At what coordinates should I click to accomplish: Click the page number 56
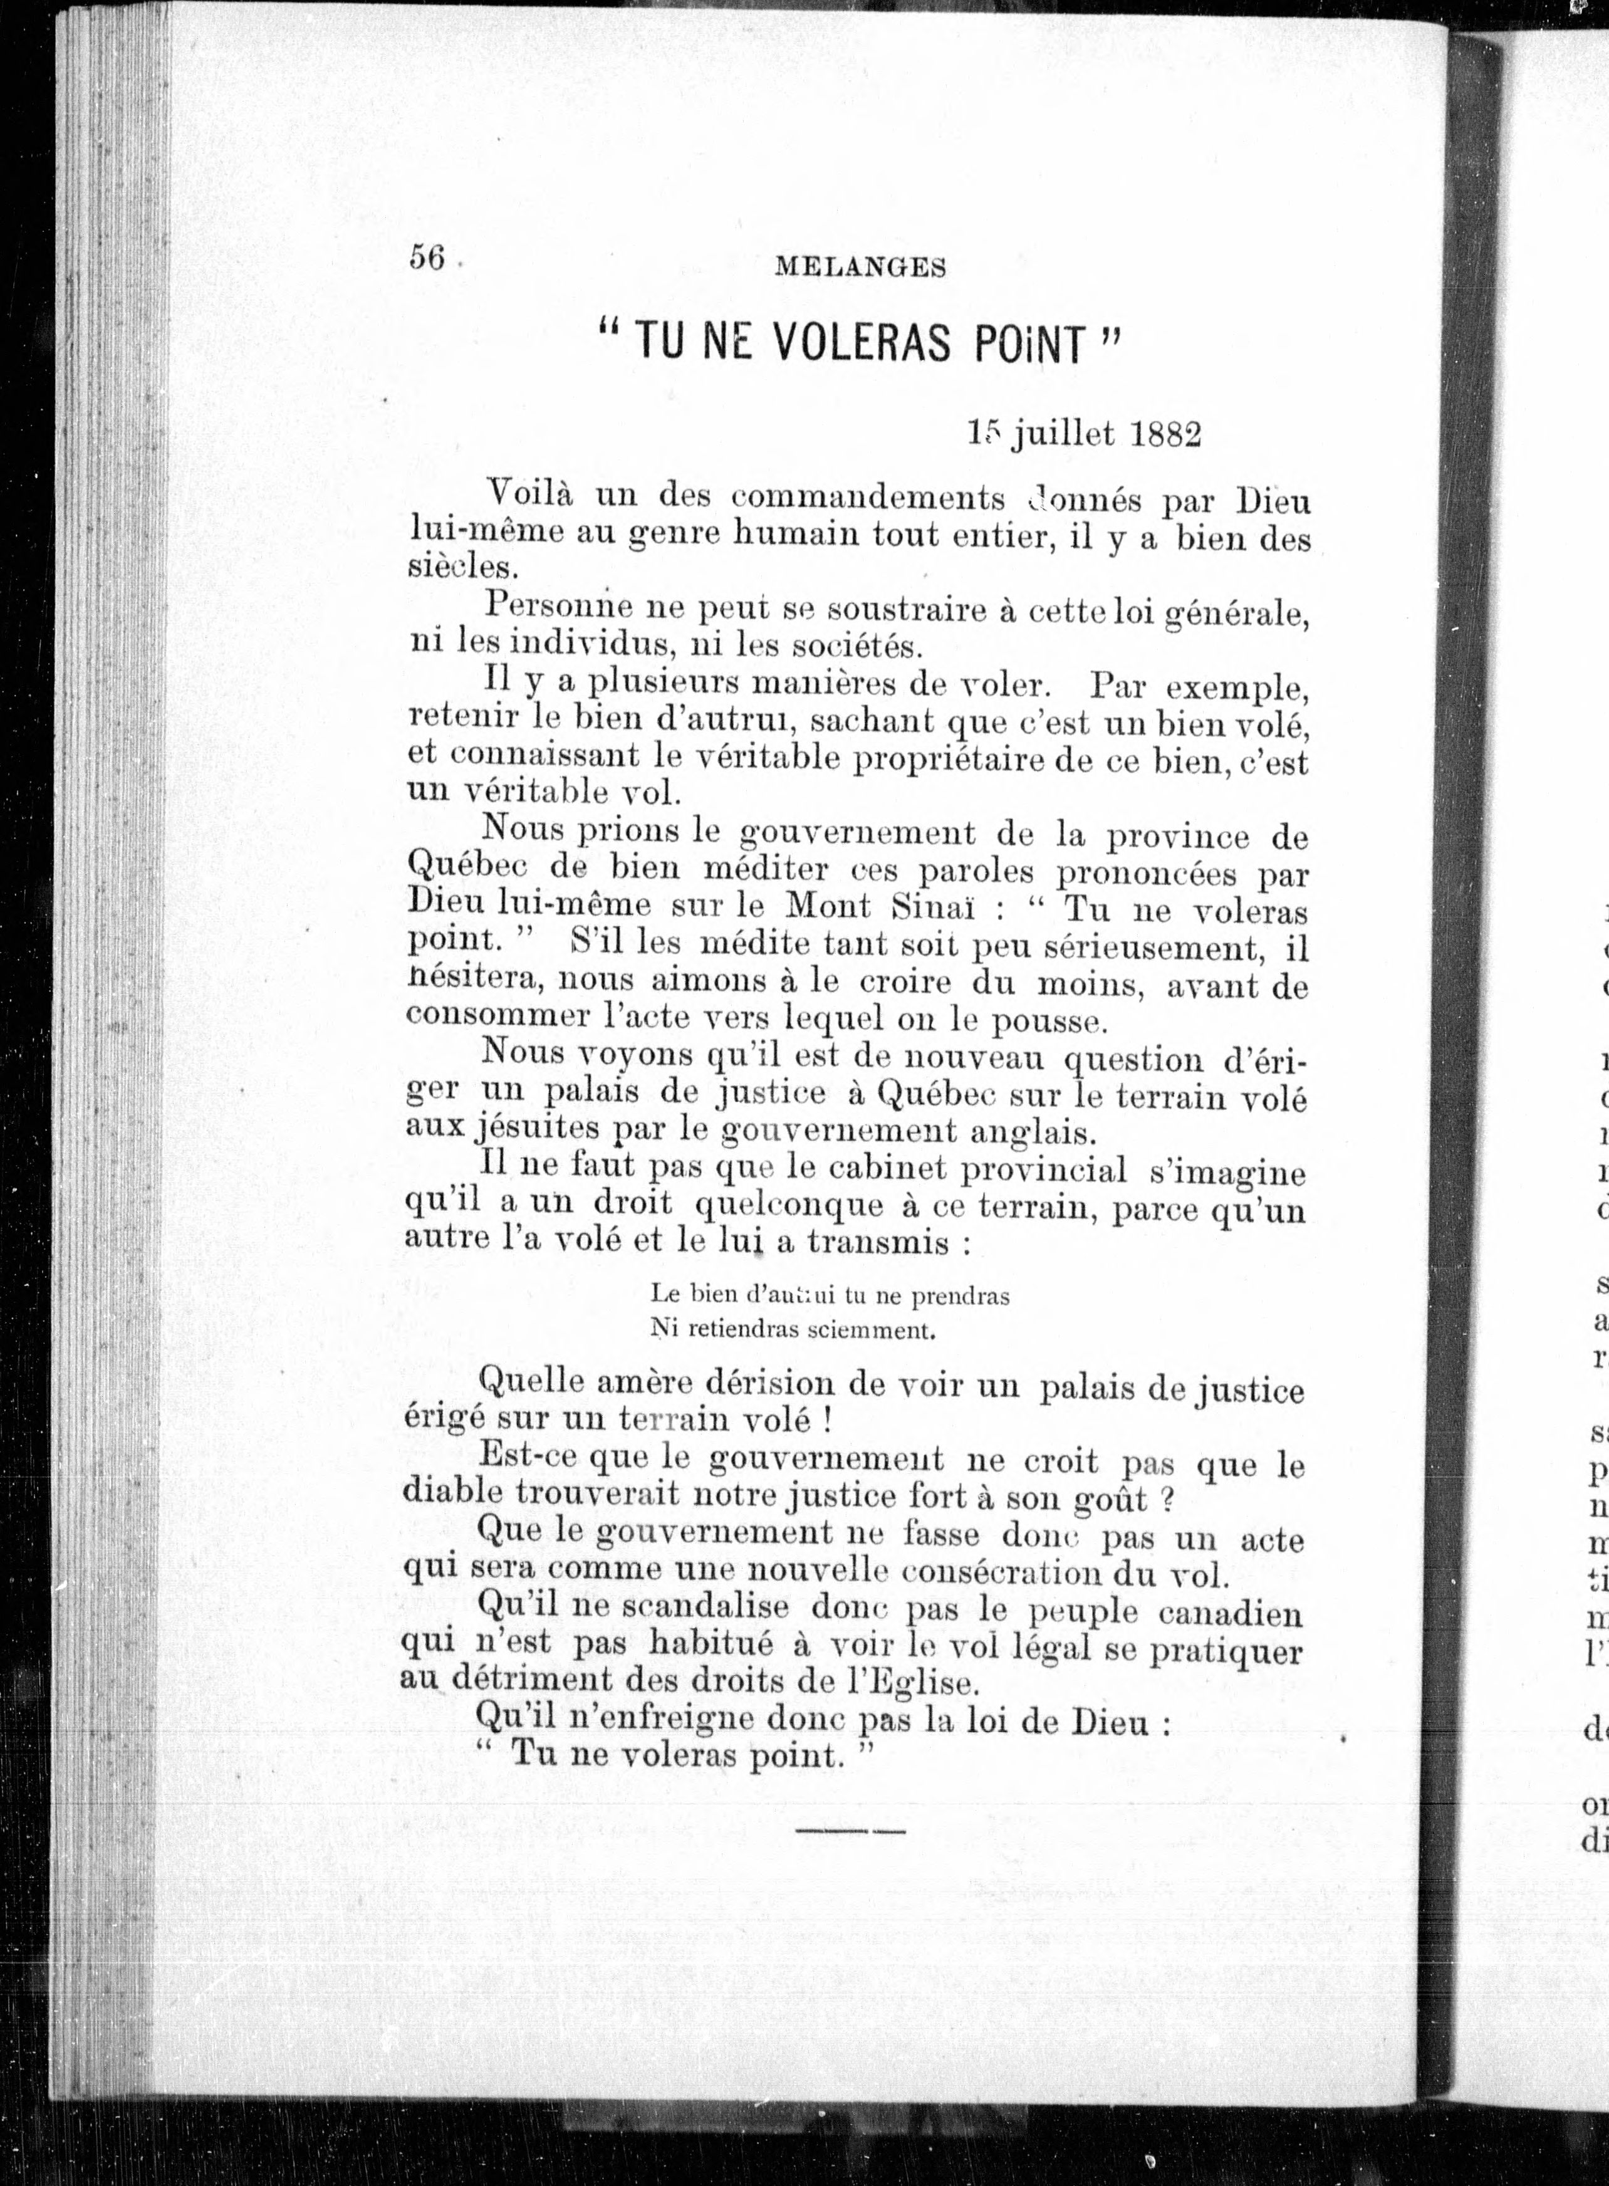point(427,258)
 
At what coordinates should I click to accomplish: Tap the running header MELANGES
point(860,268)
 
